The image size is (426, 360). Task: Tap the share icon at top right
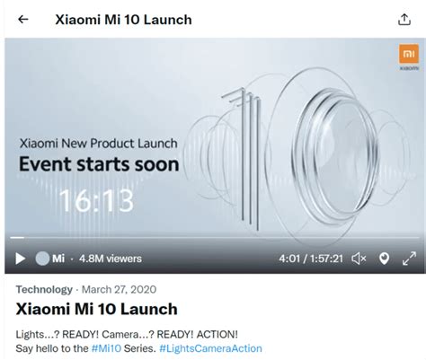tap(404, 20)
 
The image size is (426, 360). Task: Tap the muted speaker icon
tap(359, 259)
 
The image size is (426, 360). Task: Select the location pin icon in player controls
tap(384, 259)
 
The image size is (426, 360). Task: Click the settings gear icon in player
tap(408, 259)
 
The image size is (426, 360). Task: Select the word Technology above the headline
tap(44, 289)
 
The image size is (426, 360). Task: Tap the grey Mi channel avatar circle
tap(42, 259)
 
